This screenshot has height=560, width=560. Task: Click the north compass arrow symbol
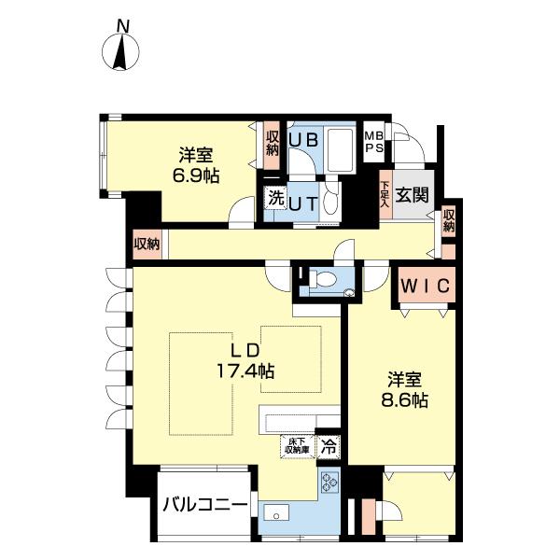120,52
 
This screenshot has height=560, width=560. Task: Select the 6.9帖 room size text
195,175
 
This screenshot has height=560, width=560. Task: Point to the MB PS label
373,142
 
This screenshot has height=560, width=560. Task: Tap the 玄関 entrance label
411,196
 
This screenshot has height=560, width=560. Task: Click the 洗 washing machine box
275,197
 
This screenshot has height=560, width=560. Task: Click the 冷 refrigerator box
329,448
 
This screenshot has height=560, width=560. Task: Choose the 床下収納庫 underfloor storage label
297,448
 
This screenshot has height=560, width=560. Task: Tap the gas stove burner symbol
329,482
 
